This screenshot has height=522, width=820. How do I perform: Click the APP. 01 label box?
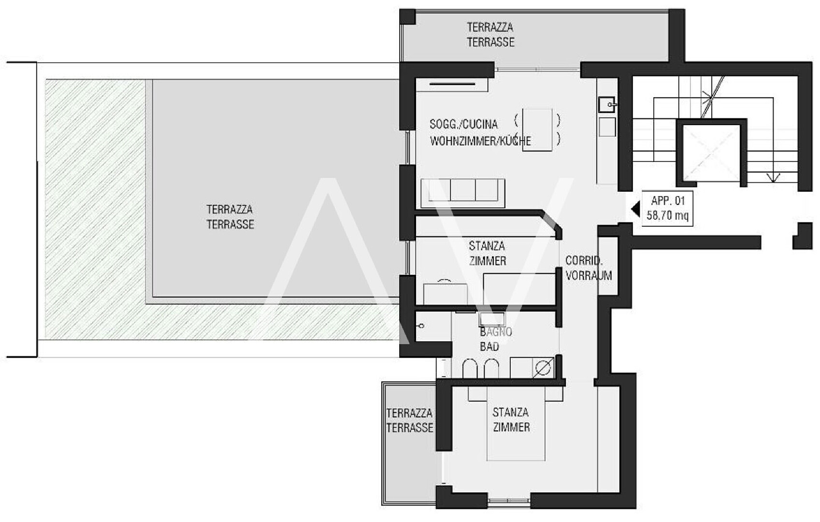click(x=667, y=208)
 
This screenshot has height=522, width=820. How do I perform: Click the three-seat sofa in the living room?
click(x=463, y=193)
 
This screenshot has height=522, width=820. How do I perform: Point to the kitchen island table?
click(x=537, y=130)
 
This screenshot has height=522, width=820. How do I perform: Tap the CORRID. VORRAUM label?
click(x=588, y=268)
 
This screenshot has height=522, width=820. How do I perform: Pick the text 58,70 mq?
click(x=667, y=215)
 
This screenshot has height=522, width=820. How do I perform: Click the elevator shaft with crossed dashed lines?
click(x=711, y=153)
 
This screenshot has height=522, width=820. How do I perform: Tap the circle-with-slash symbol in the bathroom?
click(x=543, y=368)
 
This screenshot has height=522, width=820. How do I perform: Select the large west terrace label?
click(x=230, y=217)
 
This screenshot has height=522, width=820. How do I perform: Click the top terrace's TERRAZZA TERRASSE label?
click(x=490, y=35)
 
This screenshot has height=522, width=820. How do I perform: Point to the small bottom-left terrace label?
click(x=410, y=420)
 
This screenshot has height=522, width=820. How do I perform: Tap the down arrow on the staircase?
click(x=773, y=177)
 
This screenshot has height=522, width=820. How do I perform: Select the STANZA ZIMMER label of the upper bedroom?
click(x=487, y=253)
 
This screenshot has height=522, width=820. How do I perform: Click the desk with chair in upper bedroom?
click(x=445, y=292)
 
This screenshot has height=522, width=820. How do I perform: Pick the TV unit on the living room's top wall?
click(x=452, y=85)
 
